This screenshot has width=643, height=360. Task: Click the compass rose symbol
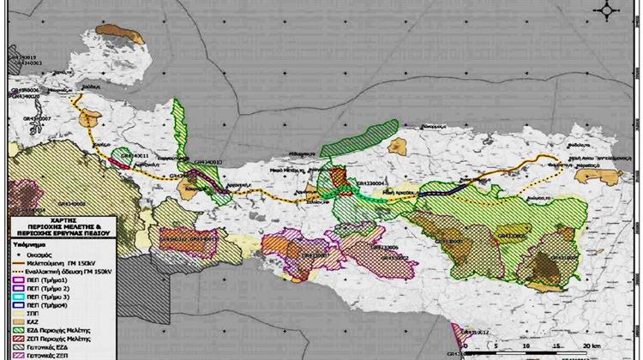pyautogui.click(x=609, y=9)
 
